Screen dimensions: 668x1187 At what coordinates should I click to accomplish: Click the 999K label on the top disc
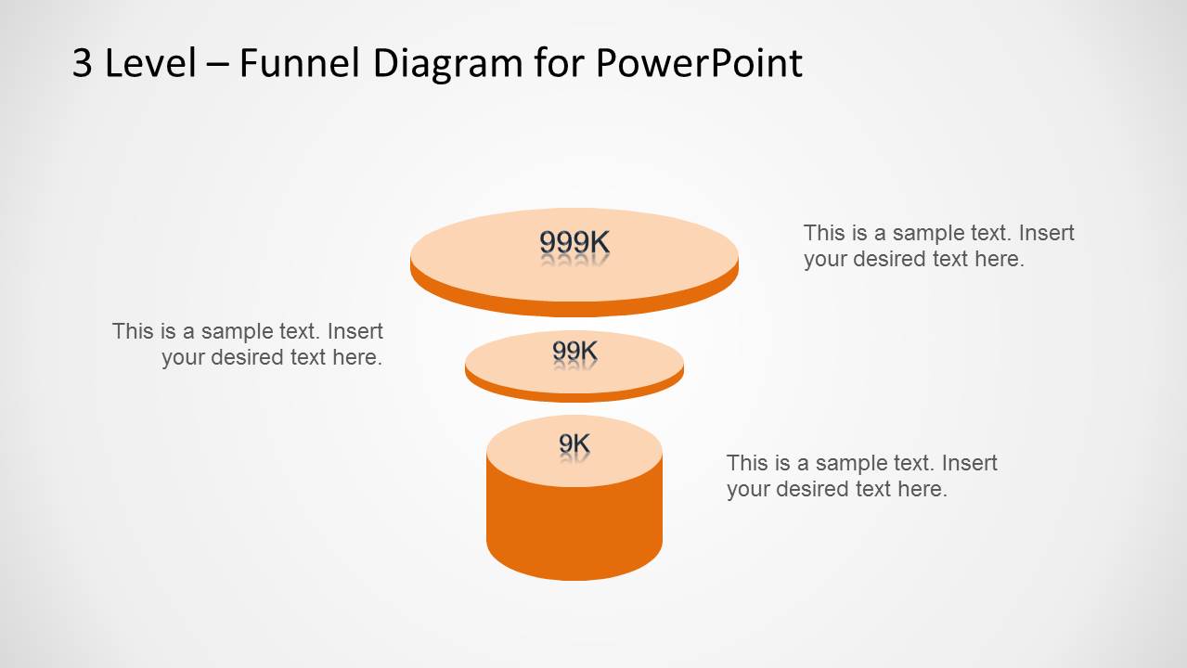click(574, 242)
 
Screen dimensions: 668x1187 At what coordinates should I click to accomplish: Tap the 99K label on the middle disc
click(574, 351)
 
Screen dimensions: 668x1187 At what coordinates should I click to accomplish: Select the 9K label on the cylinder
click(574, 444)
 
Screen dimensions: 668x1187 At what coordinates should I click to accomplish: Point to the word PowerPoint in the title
click(698, 63)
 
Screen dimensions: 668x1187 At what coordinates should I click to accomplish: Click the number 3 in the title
click(83, 63)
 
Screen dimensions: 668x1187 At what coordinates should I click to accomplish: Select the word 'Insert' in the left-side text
click(355, 331)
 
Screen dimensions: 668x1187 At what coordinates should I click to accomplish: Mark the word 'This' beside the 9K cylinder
click(745, 463)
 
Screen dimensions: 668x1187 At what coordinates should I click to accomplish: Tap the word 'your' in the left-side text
click(183, 357)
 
